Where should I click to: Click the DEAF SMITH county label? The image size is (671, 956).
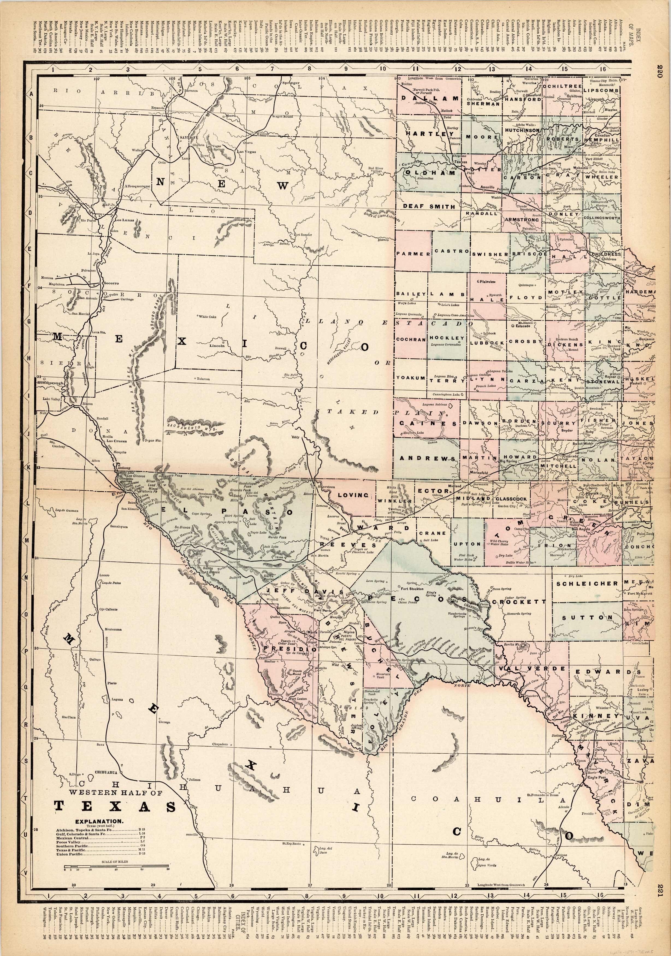coord(429,206)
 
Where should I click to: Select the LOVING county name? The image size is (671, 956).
coord(353,495)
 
